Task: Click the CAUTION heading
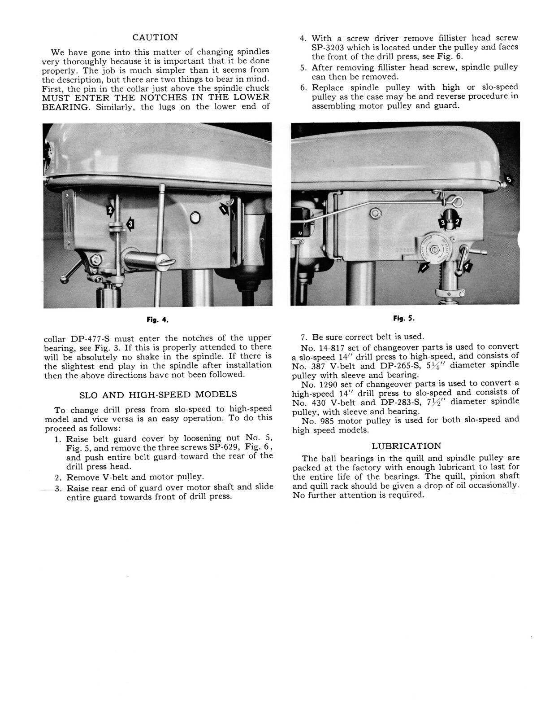[x=155, y=37]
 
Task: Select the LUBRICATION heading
[x=407, y=446]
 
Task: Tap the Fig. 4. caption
[x=157, y=320]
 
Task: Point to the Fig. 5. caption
[x=404, y=319]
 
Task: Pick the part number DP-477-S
[x=88, y=338]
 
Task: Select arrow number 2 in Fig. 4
[x=110, y=210]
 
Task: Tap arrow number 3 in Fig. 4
[x=130, y=223]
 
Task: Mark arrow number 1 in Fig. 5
[x=423, y=268]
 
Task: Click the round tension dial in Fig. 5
[x=434, y=250]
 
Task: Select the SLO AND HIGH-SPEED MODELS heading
[x=158, y=395]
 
